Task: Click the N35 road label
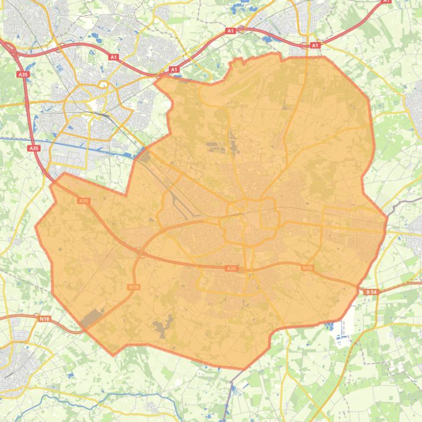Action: tap(307, 267)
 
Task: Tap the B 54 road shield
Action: tap(371, 292)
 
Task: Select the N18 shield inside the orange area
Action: tap(134, 287)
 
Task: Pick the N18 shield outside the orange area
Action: tap(44, 318)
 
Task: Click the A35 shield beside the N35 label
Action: tap(231, 269)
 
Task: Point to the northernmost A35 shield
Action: tap(22, 74)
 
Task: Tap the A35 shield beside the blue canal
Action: tap(33, 148)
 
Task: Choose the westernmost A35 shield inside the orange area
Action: tap(83, 201)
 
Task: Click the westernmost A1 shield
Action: tap(113, 57)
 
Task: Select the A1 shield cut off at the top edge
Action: tap(386, 2)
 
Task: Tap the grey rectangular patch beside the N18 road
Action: tap(92, 318)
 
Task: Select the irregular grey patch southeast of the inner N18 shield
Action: tap(163, 328)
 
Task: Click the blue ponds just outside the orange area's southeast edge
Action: tap(329, 327)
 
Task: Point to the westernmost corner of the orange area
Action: tap(36, 226)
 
